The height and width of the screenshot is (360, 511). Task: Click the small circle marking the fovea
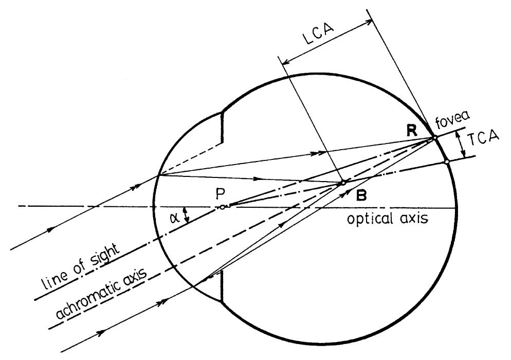click(x=434, y=138)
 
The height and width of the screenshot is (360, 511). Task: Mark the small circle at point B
click(x=343, y=183)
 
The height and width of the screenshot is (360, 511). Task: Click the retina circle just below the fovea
click(x=446, y=162)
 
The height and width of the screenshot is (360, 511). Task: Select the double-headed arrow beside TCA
click(x=465, y=144)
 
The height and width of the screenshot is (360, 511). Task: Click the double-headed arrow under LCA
click(x=327, y=43)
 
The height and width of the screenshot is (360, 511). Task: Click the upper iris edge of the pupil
click(x=222, y=126)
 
